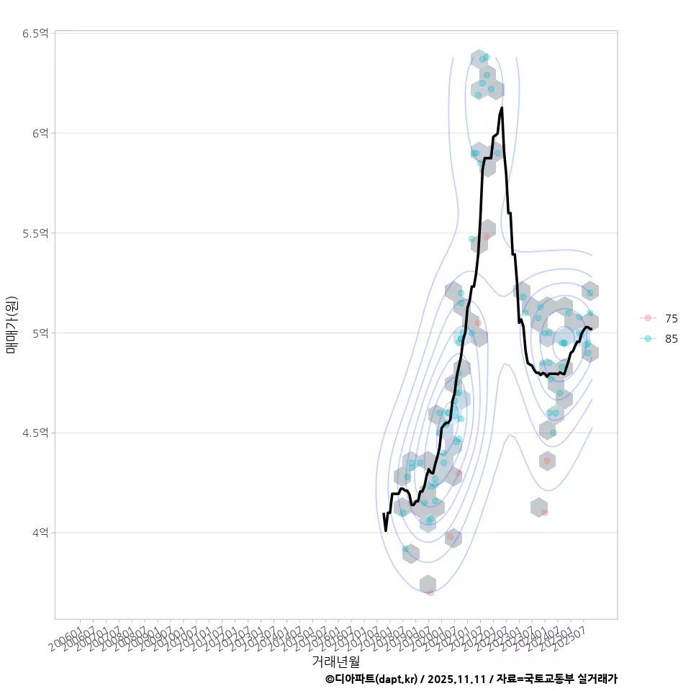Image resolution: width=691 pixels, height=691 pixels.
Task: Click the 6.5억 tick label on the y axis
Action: click(35, 33)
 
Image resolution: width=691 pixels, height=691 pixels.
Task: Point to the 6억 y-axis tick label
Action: click(40, 133)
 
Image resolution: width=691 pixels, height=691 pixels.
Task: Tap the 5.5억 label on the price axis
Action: click(35, 233)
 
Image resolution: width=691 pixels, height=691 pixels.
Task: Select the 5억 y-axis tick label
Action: click(40, 333)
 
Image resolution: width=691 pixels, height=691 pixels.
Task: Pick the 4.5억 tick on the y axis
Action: click(35, 433)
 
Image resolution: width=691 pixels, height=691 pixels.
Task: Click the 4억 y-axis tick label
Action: click(40, 533)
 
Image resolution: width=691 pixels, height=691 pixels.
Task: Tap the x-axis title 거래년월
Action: click(335, 661)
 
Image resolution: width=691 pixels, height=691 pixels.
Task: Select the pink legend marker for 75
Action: click(648, 318)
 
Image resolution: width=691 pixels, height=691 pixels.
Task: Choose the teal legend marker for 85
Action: click(648, 338)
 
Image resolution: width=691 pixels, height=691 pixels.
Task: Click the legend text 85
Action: click(671, 339)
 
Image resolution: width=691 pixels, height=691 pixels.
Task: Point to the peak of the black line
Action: click(502, 108)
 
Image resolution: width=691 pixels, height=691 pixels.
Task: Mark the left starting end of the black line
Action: click(383, 514)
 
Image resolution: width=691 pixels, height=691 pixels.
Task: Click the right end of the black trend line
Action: click(591, 329)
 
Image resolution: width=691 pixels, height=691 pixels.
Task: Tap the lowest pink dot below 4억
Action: click(430, 592)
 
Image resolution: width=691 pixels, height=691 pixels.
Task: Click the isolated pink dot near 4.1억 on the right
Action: click(545, 512)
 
